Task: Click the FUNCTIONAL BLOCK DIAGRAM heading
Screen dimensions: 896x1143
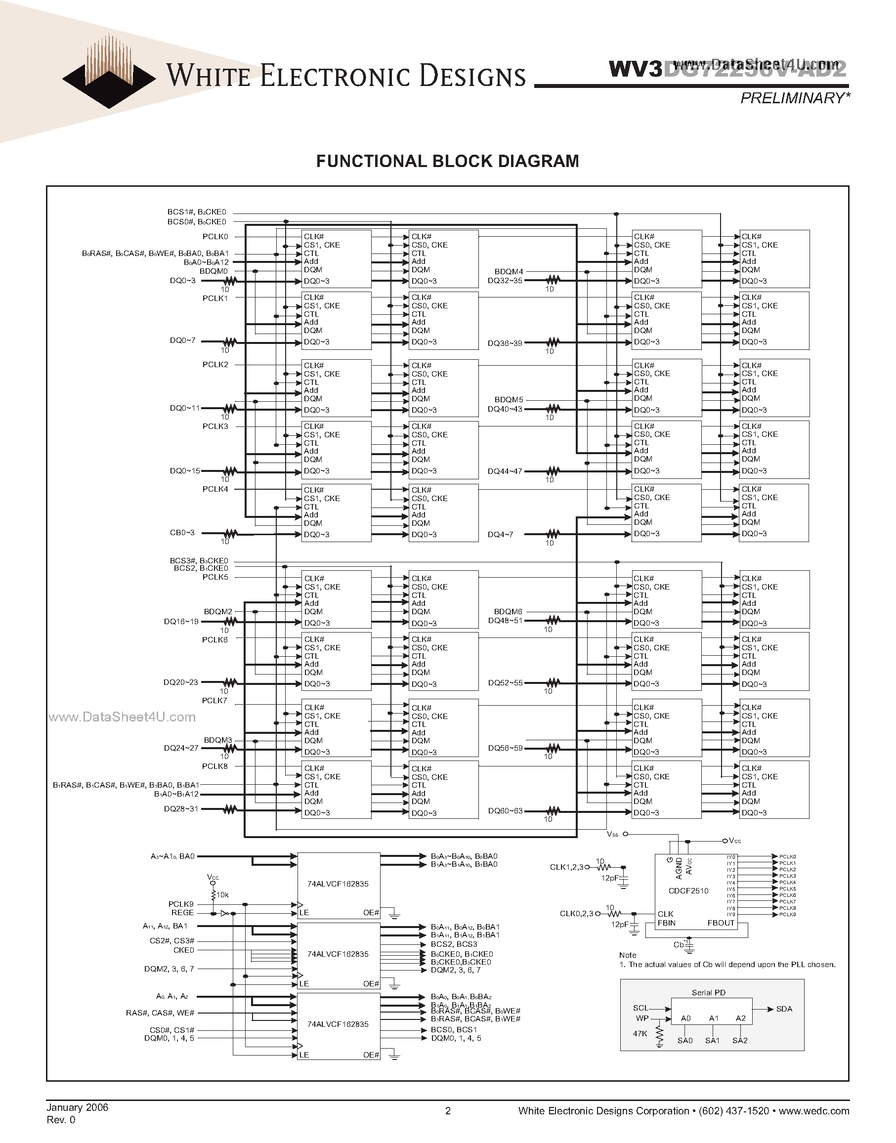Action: click(x=447, y=161)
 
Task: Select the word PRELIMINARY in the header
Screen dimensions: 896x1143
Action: click(x=792, y=98)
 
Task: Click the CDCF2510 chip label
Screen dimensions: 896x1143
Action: click(x=688, y=890)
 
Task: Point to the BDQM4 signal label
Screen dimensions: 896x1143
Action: click(x=509, y=272)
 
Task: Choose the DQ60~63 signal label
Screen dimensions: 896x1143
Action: click(x=505, y=811)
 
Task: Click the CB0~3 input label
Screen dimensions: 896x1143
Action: click(x=182, y=533)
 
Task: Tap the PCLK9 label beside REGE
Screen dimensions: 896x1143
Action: click(x=181, y=904)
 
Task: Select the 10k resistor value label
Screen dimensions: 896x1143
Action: click(x=222, y=895)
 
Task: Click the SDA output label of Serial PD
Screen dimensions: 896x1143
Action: click(x=784, y=1009)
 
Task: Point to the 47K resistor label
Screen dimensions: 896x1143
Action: click(x=640, y=1033)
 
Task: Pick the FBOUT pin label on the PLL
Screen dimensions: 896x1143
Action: click(x=721, y=923)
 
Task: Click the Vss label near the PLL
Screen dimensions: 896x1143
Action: click(x=612, y=834)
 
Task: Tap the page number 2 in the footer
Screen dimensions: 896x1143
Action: click(x=447, y=1110)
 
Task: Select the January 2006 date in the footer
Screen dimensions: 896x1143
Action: click(x=77, y=1107)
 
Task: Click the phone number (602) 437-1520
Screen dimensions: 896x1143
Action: click(x=734, y=1110)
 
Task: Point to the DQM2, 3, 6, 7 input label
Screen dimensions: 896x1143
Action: click(x=169, y=969)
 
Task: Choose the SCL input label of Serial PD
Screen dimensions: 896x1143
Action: click(x=640, y=1008)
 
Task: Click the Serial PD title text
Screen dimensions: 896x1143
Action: click(x=709, y=992)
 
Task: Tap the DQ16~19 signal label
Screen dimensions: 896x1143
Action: click(x=181, y=622)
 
